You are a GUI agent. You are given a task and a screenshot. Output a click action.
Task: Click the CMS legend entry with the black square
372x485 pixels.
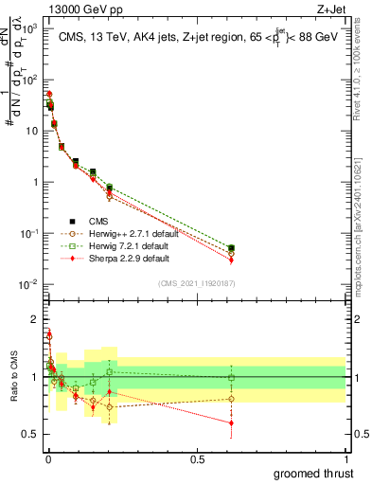coord(105,221)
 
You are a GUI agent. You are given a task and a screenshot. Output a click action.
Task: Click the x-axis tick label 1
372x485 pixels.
coord(346,458)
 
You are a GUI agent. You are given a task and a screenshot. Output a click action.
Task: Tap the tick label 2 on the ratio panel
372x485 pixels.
coord(37,319)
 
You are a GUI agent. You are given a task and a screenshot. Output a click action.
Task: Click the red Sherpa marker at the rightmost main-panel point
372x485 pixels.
coord(231,260)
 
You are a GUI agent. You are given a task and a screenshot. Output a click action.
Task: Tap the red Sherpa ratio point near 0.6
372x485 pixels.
coord(231,422)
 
